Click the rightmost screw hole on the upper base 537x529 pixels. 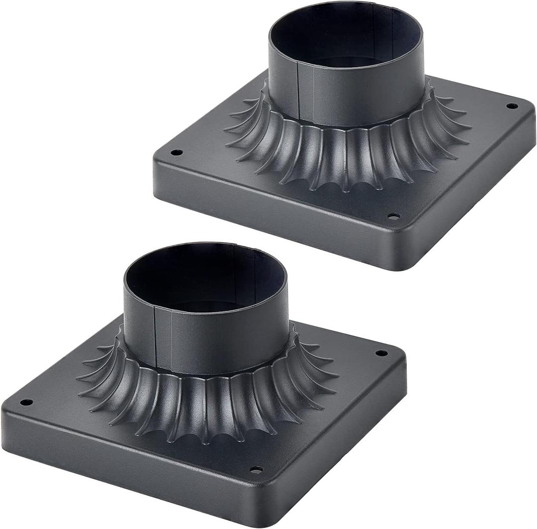click(512, 106)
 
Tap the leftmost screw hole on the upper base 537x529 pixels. click(174, 152)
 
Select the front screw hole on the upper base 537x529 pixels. click(393, 216)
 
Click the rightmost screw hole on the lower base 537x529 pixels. click(381, 353)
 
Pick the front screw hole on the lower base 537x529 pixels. click(256, 469)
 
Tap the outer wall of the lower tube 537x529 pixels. click(224, 343)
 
